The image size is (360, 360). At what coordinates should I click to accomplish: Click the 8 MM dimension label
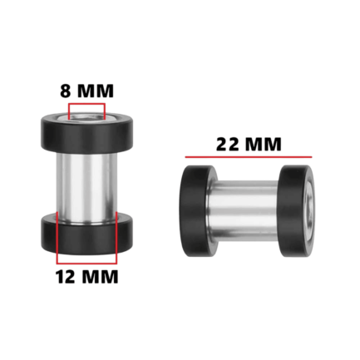(x=86, y=91)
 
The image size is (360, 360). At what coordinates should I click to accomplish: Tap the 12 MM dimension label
(x=87, y=277)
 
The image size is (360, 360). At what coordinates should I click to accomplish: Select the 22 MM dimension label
(x=249, y=144)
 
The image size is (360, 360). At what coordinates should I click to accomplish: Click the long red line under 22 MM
(x=249, y=157)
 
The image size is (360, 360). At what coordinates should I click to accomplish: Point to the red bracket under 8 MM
(x=86, y=104)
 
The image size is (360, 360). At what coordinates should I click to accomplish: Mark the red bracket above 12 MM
(x=86, y=263)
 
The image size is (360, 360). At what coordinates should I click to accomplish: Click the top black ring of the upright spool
(x=87, y=132)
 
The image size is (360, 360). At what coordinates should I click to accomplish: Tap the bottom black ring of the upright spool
(x=87, y=234)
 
